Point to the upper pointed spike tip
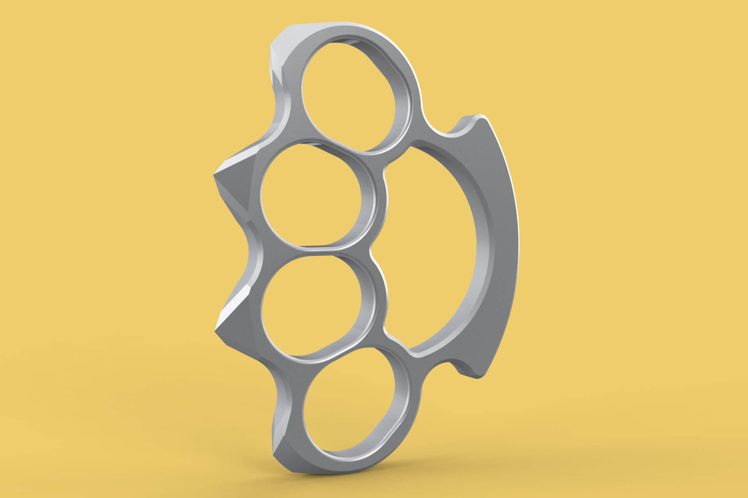(x=215, y=175)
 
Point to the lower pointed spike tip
(x=215, y=331)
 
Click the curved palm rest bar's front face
(x=503, y=241)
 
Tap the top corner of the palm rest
(x=481, y=117)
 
